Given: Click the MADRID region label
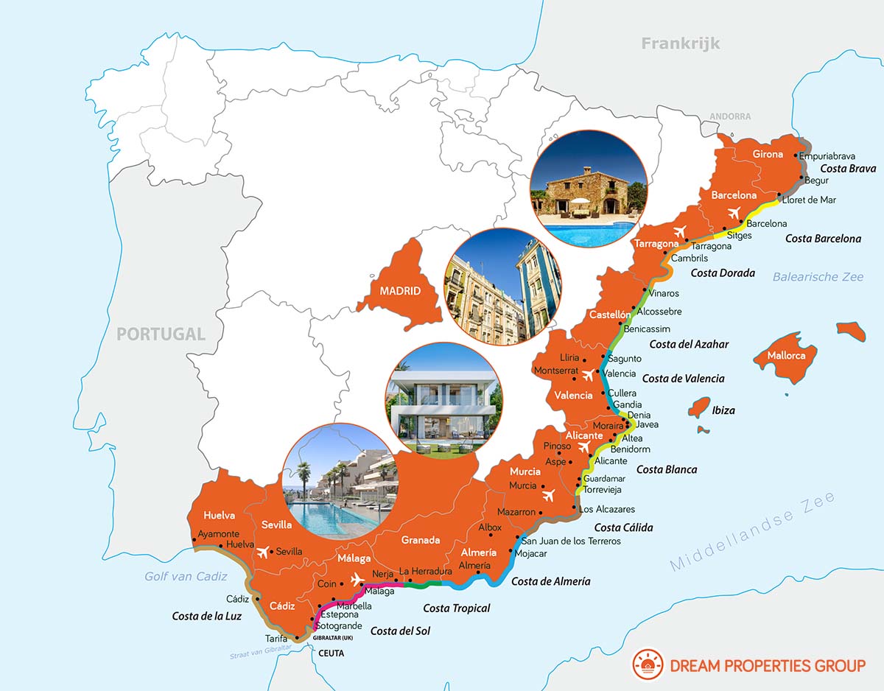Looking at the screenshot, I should pyautogui.click(x=400, y=291).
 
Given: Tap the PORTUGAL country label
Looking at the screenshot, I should pyautogui.click(x=161, y=334).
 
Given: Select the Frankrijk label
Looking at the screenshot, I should pyautogui.click(x=680, y=43).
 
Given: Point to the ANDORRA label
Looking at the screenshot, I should pyautogui.click(x=730, y=116).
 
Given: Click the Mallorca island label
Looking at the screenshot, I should pyautogui.click(x=786, y=356).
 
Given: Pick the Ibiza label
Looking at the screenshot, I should pyautogui.click(x=723, y=410).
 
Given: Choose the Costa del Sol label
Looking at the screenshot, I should pyautogui.click(x=400, y=631).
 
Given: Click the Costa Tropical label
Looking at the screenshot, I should pyautogui.click(x=457, y=608).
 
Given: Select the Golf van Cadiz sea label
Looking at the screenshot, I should pyautogui.click(x=186, y=576).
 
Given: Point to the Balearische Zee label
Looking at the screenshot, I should pyautogui.click(x=818, y=277).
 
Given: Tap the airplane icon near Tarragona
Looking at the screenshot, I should pyautogui.click(x=679, y=231).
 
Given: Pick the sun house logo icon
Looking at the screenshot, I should pyautogui.click(x=648, y=665).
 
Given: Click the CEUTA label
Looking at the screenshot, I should pyautogui.click(x=331, y=653).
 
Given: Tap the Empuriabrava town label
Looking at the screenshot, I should pyautogui.click(x=828, y=156).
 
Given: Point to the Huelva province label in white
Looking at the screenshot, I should pyautogui.click(x=219, y=516).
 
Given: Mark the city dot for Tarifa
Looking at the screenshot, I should pyautogui.click(x=296, y=638).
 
